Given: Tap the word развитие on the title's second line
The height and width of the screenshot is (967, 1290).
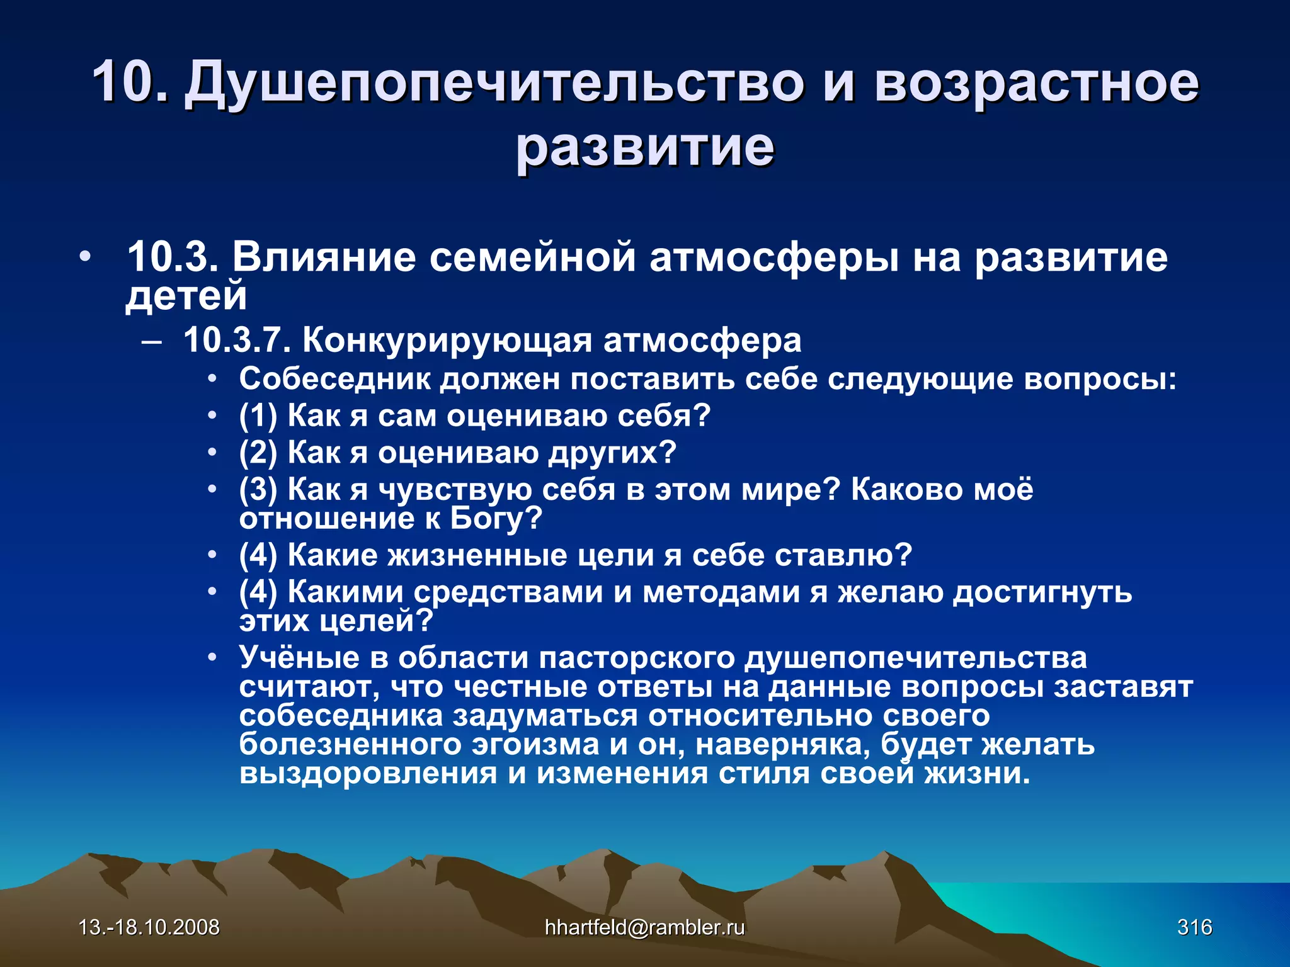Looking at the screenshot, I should (645, 148).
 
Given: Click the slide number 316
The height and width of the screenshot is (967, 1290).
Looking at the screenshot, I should (1194, 927).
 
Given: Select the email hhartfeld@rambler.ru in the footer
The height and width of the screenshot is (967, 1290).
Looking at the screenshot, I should (644, 927).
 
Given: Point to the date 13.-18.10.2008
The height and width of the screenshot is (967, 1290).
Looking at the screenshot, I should (149, 927).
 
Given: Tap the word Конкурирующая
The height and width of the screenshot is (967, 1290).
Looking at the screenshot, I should (447, 341).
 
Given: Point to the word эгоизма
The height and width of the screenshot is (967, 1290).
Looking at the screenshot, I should (535, 744).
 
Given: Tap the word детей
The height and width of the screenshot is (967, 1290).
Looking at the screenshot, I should (186, 295).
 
